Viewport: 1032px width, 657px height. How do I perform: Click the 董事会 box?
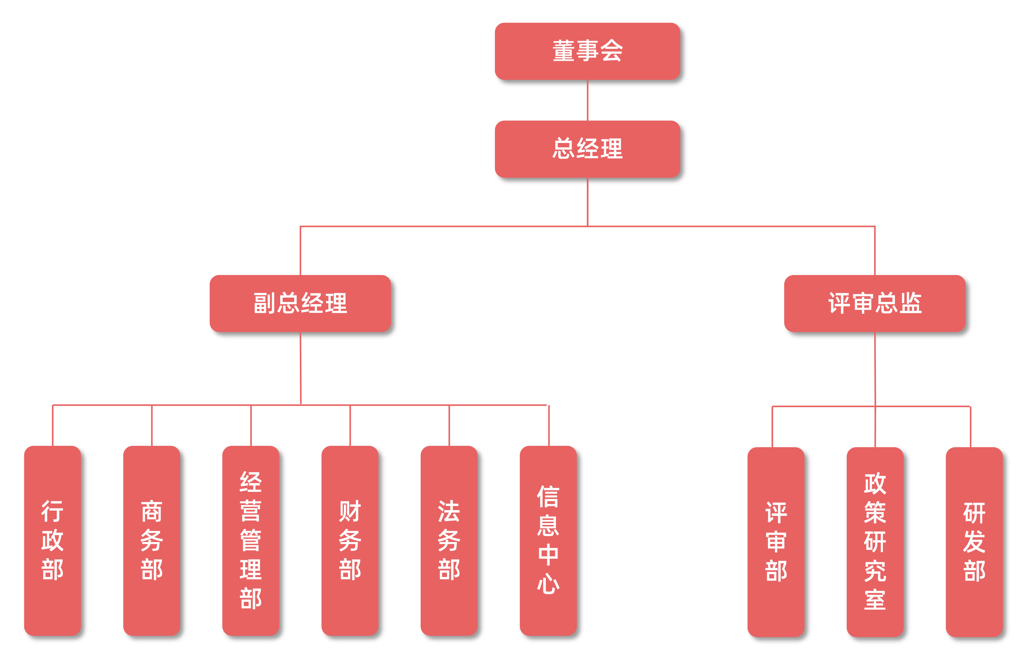click(587, 51)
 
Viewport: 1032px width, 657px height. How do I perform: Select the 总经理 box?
click(587, 149)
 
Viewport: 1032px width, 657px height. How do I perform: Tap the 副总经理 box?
click(300, 303)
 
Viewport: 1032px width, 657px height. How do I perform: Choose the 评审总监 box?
click(875, 303)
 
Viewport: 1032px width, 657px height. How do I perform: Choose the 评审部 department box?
click(776, 542)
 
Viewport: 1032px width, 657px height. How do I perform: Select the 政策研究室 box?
click(875, 542)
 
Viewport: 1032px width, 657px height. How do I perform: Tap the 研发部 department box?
click(974, 542)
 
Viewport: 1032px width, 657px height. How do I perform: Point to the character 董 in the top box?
click(564, 51)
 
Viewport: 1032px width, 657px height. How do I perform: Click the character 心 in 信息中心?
click(548, 584)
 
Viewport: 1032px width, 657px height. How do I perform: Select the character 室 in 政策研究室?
click(875, 600)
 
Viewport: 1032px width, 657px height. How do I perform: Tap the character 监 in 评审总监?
click(911, 303)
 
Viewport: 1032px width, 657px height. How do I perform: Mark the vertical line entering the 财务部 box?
click(350, 426)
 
